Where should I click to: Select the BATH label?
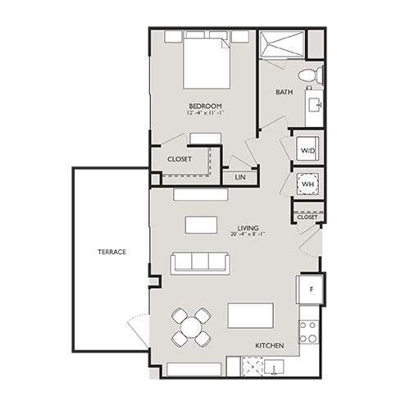tap(284, 93)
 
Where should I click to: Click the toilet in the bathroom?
tap(307, 75)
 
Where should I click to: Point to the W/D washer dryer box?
tap(307, 151)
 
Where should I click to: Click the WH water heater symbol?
tap(307, 183)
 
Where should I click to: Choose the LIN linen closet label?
tap(240, 176)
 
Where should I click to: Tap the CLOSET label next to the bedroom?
tap(180, 159)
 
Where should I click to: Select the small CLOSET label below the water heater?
tap(307, 217)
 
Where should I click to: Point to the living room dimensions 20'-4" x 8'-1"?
tap(248, 236)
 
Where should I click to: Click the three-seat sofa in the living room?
tap(199, 262)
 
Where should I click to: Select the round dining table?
tap(191, 327)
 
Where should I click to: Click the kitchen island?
tap(250, 315)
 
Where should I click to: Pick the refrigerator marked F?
tap(310, 289)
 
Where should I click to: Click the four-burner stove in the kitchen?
tap(307, 331)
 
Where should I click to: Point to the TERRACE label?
tap(112, 252)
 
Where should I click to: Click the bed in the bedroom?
tap(205, 61)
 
